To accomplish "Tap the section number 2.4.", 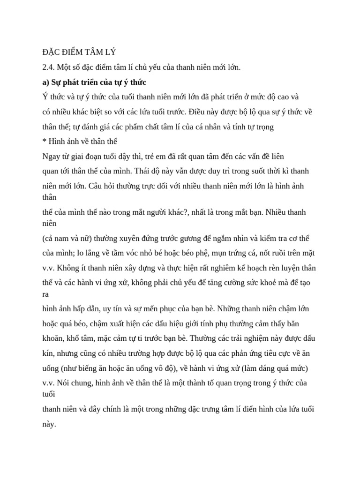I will pos(48,67).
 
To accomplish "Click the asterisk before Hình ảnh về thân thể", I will pos(44,141).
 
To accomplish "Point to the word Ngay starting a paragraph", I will pos(51,156).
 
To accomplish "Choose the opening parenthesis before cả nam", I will pos(44,238).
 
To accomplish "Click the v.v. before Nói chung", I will pos(49,383).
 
